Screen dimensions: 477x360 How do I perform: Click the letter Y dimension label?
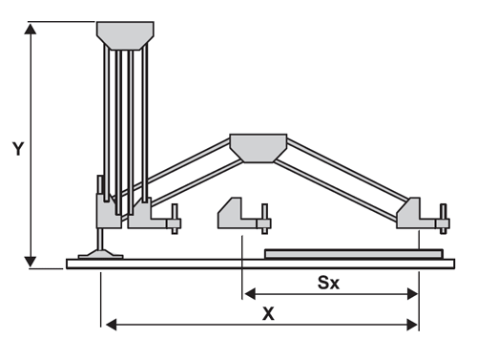(x=18, y=149)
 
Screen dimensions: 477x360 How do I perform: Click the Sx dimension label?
(x=328, y=283)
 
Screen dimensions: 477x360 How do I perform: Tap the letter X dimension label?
(x=268, y=314)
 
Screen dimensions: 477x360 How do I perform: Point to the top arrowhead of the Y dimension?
(x=31, y=29)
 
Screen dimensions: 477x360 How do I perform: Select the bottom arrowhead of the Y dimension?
(x=31, y=262)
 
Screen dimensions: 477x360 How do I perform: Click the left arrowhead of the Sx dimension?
(x=250, y=294)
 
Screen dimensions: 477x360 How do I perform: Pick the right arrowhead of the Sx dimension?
(x=412, y=294)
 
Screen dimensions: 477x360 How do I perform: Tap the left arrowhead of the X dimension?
(x=111, y=325)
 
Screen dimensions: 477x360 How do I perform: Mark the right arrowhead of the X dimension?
(x=412, y=325)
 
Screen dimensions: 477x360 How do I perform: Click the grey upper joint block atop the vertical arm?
(x=125, y=35)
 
